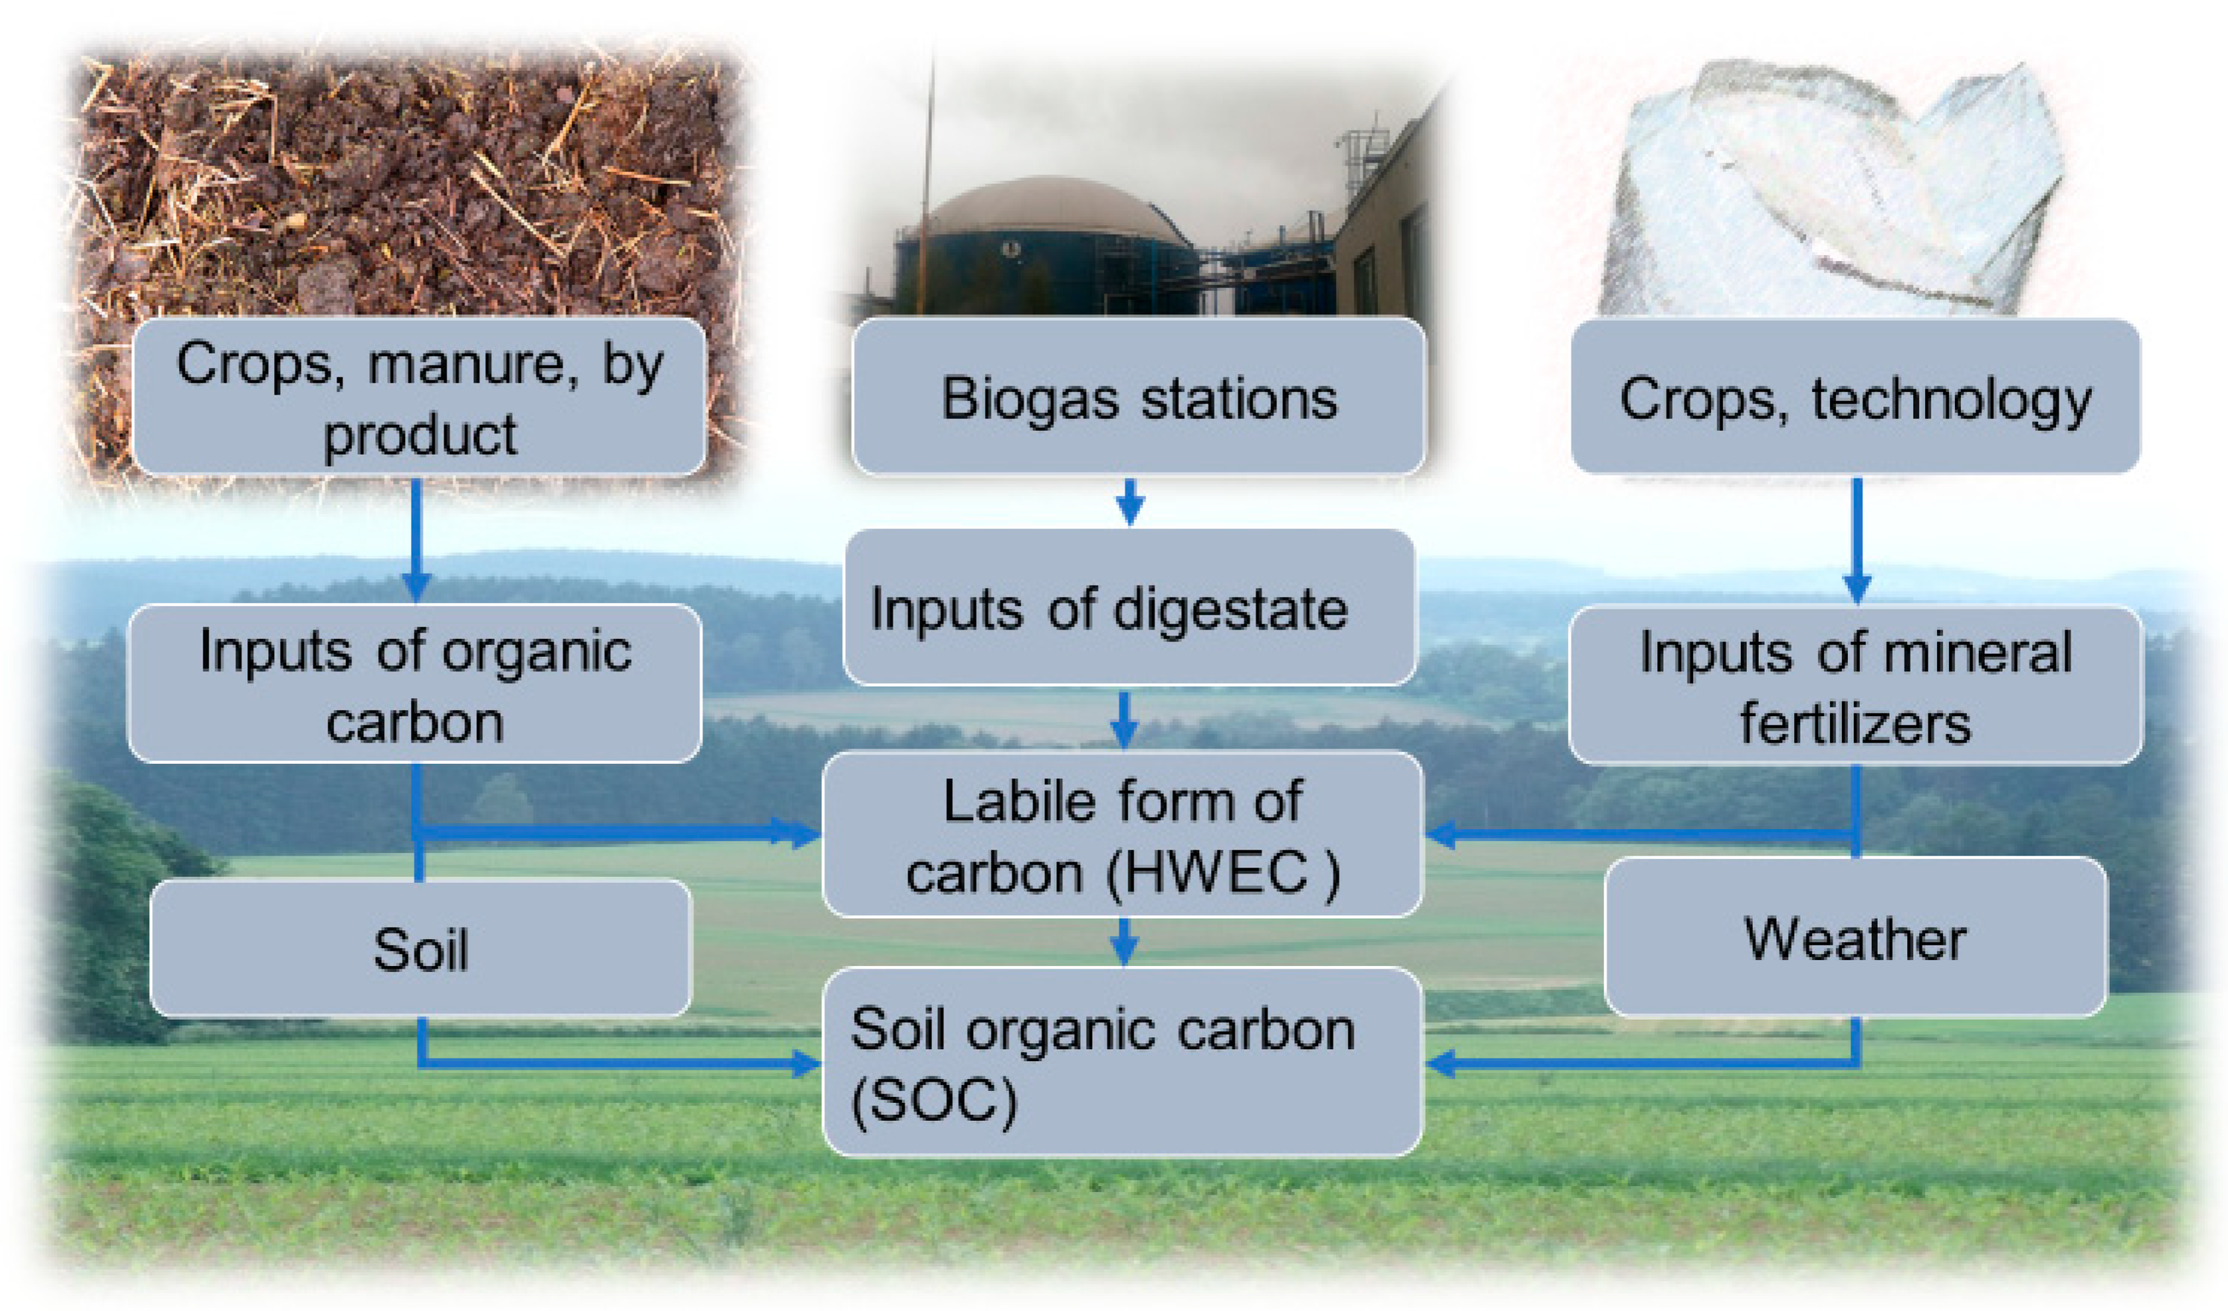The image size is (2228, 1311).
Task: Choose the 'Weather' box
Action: (x=1856, y=937)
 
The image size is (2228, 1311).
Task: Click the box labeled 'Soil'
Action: (x=421, y=948)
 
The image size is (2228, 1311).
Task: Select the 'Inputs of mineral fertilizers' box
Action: (x=1856, y=685)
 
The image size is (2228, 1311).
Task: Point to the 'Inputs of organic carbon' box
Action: (x=416, y=683)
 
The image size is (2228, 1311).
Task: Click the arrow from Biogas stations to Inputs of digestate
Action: (x=1130, y=502)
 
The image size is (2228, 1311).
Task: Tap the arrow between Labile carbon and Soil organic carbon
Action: (x=1124, y=940)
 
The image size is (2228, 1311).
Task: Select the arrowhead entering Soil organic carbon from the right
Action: (x=1443, y=1063)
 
